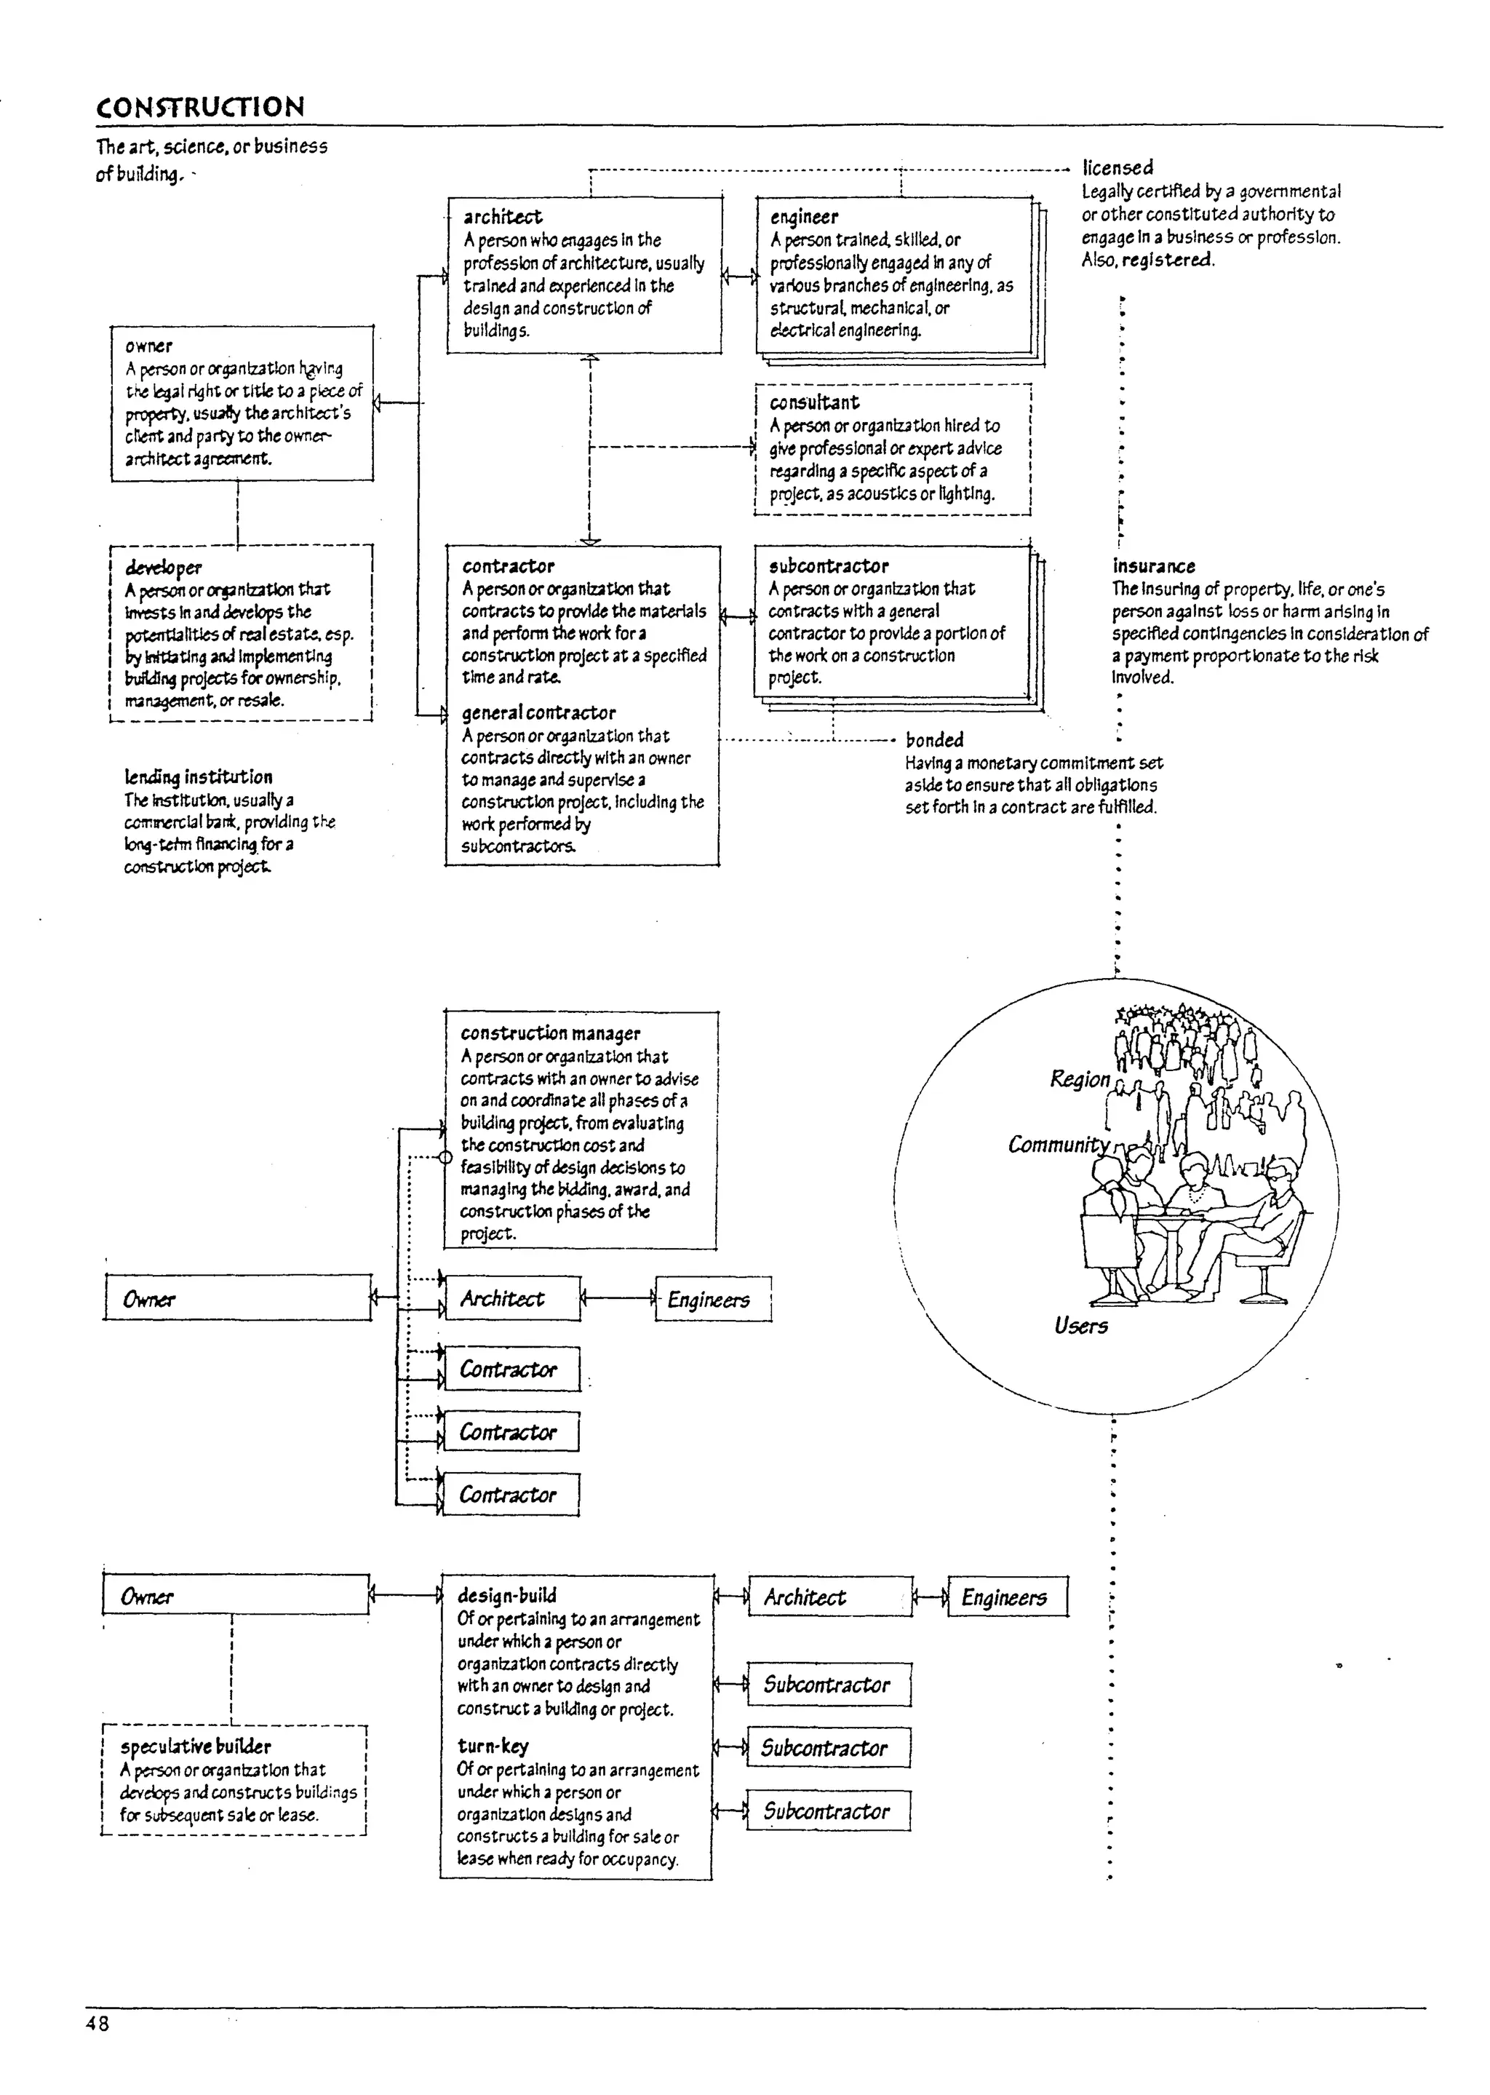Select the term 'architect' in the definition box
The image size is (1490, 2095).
(x=502, y=217)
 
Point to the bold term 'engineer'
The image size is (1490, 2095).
(x=804, y=218)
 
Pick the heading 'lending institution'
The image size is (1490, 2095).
(x=198, y=776)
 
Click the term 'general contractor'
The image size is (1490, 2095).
(x=538, y=712)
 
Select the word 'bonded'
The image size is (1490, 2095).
(x=934, y=739)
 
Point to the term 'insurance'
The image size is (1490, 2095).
(x=1153, y=566)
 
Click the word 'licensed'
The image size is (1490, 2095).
(x=1117, y=168)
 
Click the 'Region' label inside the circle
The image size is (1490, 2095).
(x=1079, y=1079)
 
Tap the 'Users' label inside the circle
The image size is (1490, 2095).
(x=1081, y=1326)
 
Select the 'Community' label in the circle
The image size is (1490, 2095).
(x=1058, y=1145)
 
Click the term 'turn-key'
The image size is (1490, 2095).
(x=493, y=1746)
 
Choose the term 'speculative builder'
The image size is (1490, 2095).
(x=196, y=1746)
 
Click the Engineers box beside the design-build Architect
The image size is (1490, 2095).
(x=1006, y=1598)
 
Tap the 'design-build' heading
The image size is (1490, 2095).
(x=506, y=1596)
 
